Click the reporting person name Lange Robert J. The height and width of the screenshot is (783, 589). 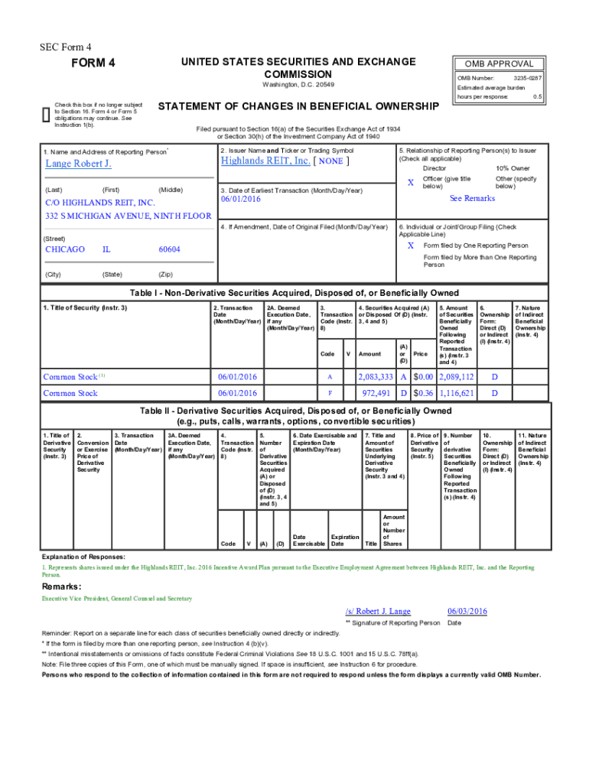coord(79,164)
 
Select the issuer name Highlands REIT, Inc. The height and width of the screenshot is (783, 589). coord(265,161)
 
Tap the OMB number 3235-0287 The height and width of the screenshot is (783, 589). coord(527,78)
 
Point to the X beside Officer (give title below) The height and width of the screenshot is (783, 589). coord(410,184)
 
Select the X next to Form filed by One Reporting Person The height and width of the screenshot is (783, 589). coord(410,245)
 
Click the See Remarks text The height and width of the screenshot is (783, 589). coord(472,198)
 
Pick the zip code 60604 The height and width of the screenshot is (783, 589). coord(169,249)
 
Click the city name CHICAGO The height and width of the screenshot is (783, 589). coord(65,249)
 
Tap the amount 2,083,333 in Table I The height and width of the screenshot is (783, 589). coord(376,377)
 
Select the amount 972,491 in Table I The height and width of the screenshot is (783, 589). coord(379,393)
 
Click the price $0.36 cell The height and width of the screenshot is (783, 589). coord(423,393)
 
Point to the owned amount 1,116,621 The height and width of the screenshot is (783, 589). coord(456,393)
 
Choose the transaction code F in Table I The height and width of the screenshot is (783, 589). coord(330,393)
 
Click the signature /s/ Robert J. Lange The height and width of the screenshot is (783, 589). coord(378,611)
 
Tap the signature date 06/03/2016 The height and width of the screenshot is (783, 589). coord(467,611)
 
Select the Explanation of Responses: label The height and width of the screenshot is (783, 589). coord(83,557)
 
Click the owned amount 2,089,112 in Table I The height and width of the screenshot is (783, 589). coord(456,377)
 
